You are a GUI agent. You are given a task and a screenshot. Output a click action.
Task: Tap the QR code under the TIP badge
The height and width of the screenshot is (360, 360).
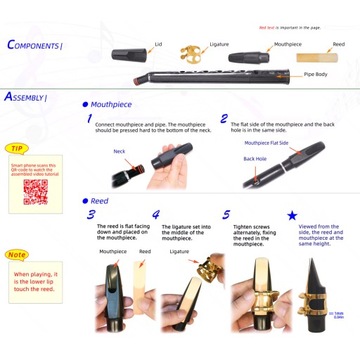[x=36, y=190]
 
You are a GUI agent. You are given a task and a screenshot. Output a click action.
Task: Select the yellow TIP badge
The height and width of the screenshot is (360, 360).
[x=17, y=147]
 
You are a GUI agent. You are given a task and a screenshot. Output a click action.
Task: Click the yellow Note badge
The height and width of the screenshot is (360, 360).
[x=17, y=254]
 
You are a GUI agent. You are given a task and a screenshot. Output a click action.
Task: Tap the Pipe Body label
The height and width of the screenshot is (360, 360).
[x=318, y=74]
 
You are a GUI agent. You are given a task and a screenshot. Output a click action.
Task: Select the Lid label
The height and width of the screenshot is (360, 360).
[x=158, y=44]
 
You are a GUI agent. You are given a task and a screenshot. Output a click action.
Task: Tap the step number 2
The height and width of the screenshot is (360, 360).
[x=224, y=119]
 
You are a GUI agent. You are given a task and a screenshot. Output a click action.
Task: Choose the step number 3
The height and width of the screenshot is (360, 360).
[x=91, y=214]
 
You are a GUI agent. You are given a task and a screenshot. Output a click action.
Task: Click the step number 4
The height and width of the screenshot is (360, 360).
[x=156, y=214]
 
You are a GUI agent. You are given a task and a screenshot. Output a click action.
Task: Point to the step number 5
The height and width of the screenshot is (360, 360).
[x=226, y=214]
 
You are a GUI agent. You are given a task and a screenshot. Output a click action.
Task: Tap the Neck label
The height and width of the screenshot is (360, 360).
[x=119, y=151]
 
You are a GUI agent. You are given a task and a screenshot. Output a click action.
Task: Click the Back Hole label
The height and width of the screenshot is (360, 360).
[x=254, y=158]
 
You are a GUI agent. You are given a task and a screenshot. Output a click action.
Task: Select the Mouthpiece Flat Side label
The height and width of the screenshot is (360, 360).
[x=266, y=142]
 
